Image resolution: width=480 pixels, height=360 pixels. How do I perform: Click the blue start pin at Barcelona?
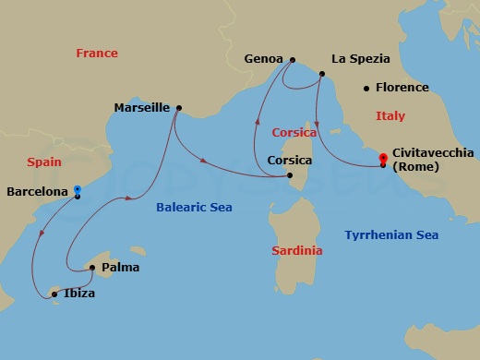click(78, 191)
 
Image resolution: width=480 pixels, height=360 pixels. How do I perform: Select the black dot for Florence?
click(367, 89)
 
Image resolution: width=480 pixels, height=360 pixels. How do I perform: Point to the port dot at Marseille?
click(178, 107)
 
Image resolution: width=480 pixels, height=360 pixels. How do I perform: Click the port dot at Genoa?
click(291, 60)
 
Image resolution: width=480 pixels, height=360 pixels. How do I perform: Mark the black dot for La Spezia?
click(322, 74)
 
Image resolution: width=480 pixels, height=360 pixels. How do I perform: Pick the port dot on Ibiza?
click(54, 294)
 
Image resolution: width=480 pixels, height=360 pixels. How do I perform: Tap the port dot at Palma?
click(92, 269)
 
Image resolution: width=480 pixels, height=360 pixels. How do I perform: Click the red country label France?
click(97, 54)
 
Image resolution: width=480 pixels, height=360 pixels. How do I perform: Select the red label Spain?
click(44, 162)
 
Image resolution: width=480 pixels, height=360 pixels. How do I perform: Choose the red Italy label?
click(390, 116)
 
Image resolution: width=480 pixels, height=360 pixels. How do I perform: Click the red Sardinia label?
click(297, 251)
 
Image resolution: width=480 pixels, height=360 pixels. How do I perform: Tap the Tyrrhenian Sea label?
click(390, 235)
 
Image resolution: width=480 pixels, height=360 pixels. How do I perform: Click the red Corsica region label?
click(294, 133)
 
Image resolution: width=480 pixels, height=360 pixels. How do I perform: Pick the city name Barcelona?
click(37, 192)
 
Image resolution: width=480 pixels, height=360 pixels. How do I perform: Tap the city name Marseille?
click(141, 108)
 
